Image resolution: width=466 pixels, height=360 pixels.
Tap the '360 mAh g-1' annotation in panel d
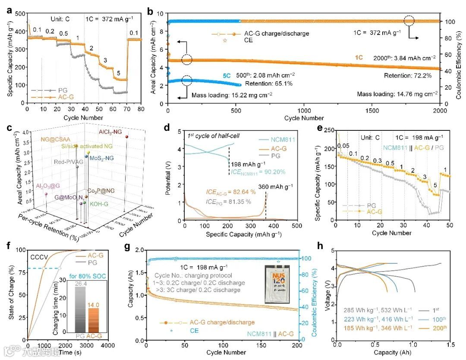tap(275, 186)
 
